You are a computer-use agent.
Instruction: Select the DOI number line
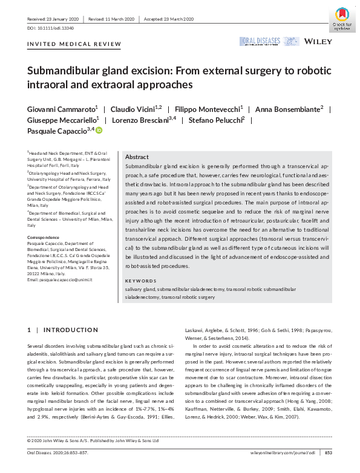pos(48,28)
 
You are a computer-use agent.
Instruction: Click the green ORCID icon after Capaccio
pos(99,131)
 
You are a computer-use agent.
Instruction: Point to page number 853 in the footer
pos(329,452)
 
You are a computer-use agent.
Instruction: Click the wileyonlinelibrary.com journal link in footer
pos(283,452)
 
